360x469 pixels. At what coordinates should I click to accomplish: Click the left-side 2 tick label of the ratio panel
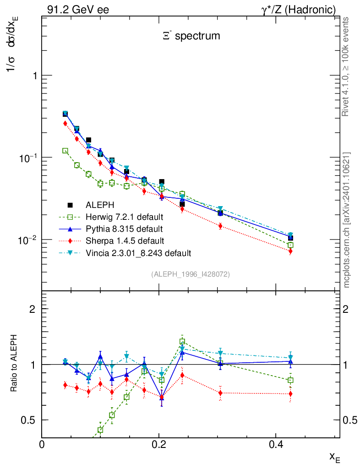[33, 309]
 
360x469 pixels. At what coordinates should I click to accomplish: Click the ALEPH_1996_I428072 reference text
[190, 274]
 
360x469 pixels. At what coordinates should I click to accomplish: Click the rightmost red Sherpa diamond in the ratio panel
[290, 394]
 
